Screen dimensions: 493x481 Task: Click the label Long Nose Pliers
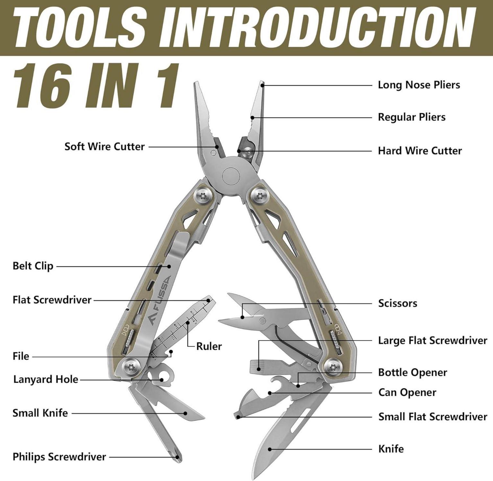pyautogui.click(x=419, y=85)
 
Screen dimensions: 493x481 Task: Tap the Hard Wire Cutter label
pyautogui.click(x=420, y=151)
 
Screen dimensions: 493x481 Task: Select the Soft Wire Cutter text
pyautogui.click(x=105, y=147)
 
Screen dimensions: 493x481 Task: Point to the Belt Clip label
pyautogui.click(x=33, y=266)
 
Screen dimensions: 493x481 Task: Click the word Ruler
pyautogui.click(x=209, y=346)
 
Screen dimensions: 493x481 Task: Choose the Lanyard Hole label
pyautogui.click(x=46, y=379)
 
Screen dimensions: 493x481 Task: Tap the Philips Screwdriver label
pyautogui.click(x=59, y=457)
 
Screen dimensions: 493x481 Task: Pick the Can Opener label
pyautogui.click(x=407, y=392)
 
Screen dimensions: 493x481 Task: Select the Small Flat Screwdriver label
pyautogui.click(x=433, y=417)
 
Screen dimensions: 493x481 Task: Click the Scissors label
pyautogui.click(x=398, y=303)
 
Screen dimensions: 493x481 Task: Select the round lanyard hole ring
pyautogui.click(x=167, y=375)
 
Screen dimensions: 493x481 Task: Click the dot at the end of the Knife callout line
pyautogui.click(x=270, y=449)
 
